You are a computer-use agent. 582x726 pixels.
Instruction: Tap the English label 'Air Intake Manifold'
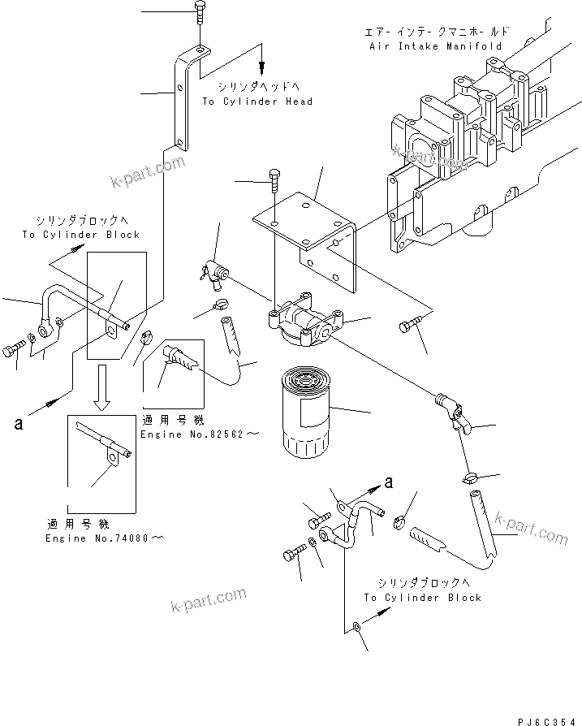click(x=433, y=46)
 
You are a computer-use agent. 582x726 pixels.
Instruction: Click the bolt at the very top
click(x=200, y=13)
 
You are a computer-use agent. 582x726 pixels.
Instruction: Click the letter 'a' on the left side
click(x=17, y=422)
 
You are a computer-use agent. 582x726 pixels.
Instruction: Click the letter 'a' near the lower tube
click(x=390, y=482)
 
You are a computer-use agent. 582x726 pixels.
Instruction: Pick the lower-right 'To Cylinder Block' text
click(x=422, y=597)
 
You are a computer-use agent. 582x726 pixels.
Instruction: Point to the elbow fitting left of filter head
click(x=215, y=274)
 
